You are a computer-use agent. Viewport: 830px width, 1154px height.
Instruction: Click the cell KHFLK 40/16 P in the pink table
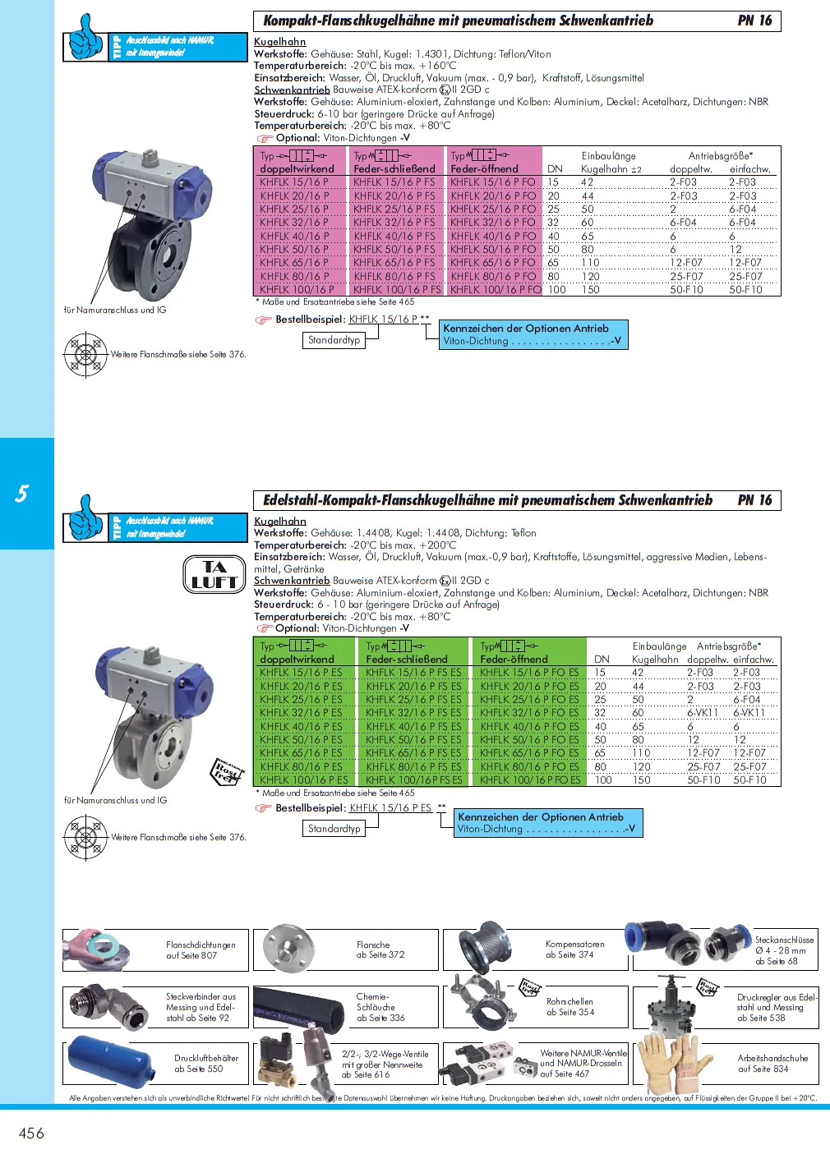pyautogui.click(x=293, y=236)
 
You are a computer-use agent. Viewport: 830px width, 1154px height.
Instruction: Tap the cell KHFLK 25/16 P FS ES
pyautogui.click(x=413, y=699)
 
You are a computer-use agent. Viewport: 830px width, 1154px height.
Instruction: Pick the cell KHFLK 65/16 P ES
pyautogui.click(x=301, y=752)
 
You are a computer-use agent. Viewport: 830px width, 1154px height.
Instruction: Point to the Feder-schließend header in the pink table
pyautogui.click(x=394, y=168)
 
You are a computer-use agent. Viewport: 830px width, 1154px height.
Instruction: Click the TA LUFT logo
pyautogui.click(x=214, y=574)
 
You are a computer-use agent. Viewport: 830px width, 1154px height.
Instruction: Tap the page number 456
pyautogui.click(x=31, y=1133)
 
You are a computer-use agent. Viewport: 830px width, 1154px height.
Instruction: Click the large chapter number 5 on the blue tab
pyautogui.click(x=22, y=494)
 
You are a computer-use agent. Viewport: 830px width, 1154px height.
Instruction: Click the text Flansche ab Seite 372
pyautogui.click(x=380, y=949)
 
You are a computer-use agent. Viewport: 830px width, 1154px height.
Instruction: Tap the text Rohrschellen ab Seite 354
pyautogui.click(x=569, y=1007)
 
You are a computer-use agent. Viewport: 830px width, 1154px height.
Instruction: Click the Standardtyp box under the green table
pyautogui.click(x=334, y=829)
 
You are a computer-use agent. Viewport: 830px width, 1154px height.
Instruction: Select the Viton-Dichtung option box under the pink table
pyautogui.click(x=533, y=334)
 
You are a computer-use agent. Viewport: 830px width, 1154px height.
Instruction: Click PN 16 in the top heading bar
pyautogui.click(x=754, y=21)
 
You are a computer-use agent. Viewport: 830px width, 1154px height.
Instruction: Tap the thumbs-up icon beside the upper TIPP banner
pyautogui.click(x=85, y=38)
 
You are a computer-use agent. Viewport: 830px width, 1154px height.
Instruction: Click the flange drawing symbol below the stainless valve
pyautogui.click(x=85, y=838)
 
